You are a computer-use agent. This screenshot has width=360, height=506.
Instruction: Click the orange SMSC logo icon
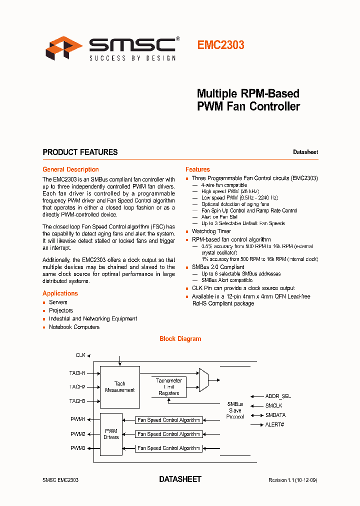click(64, 48)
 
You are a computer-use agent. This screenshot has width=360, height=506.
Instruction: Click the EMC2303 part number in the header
click(220, 45)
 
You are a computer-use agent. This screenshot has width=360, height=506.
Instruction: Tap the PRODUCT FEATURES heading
click(80, 152)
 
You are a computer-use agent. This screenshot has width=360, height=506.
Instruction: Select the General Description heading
click(70, 169)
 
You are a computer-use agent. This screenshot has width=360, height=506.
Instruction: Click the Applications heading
click(60, 293)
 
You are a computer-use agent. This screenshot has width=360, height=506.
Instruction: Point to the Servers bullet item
click(58, 302)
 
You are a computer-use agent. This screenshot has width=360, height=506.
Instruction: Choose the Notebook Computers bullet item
click(74, 327)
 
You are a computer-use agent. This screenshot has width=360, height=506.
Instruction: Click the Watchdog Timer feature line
click(211, 231)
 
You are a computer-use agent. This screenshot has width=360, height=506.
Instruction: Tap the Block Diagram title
click(180, 339)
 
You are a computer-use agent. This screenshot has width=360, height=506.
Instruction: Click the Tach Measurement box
click(120, 387)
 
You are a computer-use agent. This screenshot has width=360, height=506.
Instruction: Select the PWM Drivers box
click(111, 434)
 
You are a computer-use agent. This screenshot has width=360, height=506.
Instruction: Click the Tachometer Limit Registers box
click(168, 387)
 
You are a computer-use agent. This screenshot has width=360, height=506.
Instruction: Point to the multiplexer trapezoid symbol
click(203, 378)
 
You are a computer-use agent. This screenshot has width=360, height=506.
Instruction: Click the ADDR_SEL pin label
click(278, 396)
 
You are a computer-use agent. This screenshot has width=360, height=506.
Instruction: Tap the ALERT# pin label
click(274, 424)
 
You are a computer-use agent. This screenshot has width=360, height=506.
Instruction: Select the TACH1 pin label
click(77, 373)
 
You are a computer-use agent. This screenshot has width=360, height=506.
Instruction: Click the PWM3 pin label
click(77, 448)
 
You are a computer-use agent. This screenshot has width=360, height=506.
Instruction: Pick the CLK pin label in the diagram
click(80, 355)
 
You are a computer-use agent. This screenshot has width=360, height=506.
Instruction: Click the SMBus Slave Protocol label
click(235, 410)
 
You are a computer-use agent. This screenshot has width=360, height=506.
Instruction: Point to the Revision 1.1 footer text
click(292, 480)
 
